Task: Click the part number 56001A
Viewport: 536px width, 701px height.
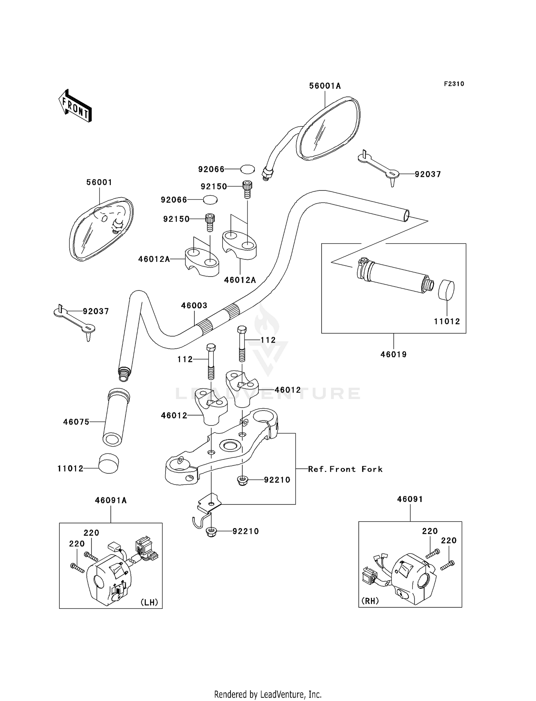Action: click(325, 86)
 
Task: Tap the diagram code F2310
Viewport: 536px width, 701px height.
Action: click(454, 84)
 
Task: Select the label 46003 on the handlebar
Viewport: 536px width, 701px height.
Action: click(194, 305)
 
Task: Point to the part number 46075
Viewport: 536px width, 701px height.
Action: click(76, 422)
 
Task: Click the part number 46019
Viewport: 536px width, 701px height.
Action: click(393, 354)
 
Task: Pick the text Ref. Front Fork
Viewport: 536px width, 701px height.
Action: click(345, 469)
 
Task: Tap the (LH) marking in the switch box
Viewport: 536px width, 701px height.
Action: click(149, 602)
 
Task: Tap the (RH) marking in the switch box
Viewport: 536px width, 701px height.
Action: click(370, 601)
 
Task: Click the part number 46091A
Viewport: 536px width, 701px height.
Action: click(111, 501)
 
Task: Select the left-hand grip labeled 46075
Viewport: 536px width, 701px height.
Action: click(116, 417)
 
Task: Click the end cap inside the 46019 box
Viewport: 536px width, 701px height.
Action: click(446, 290)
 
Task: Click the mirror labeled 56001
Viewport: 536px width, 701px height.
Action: click(101, 229)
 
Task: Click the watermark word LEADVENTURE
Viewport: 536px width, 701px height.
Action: click(268, 393)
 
